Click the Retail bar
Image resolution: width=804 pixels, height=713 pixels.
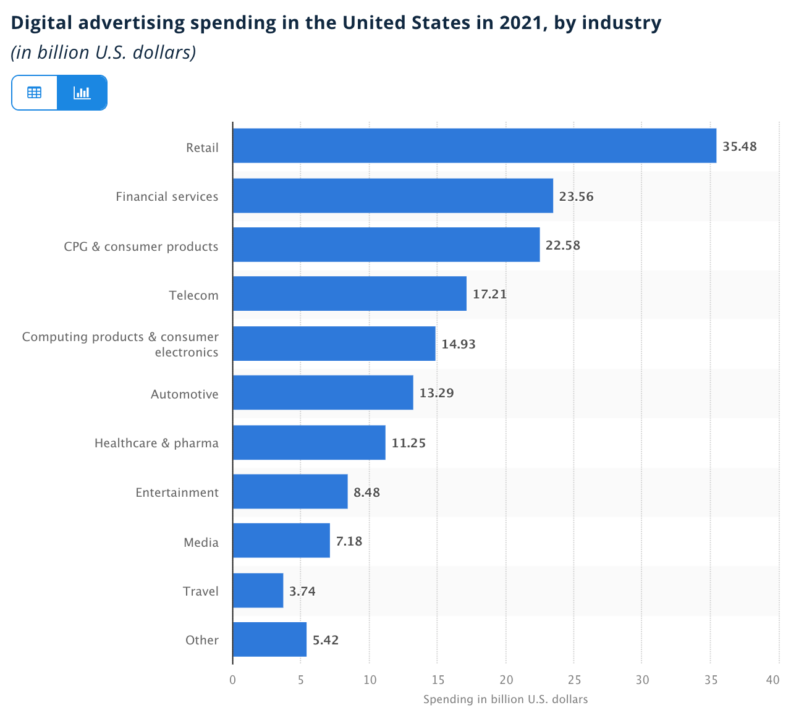pos(474,146)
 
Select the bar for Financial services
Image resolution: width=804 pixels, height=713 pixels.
pos(392,196)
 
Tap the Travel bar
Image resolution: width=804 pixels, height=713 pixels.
pos(258,591)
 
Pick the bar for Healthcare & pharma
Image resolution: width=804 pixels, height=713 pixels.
pos(309,442)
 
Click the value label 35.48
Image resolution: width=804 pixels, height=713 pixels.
pos(739,146)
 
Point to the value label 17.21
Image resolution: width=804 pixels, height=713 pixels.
pos(489,294)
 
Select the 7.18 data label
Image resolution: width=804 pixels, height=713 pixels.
pos(349,542)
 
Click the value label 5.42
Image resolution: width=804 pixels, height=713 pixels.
pos(326,640)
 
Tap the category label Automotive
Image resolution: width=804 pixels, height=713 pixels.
pos(184,394)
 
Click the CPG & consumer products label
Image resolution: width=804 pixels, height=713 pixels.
pos(141,247)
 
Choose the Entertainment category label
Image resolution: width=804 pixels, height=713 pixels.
pos(177,492)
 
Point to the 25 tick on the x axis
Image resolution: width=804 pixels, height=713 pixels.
pos(574,680)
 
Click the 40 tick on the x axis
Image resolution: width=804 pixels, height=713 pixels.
pos(772,680)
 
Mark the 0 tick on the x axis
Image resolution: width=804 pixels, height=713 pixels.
pos(232,680)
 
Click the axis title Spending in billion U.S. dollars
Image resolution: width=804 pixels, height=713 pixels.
pos(505,699)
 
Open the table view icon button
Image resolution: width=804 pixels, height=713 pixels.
pos(35,93)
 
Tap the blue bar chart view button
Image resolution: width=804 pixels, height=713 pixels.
pos(82,93)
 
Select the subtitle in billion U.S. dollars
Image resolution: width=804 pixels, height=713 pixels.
pos(103,53)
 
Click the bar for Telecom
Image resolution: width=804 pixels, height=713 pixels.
pos(349,293)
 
